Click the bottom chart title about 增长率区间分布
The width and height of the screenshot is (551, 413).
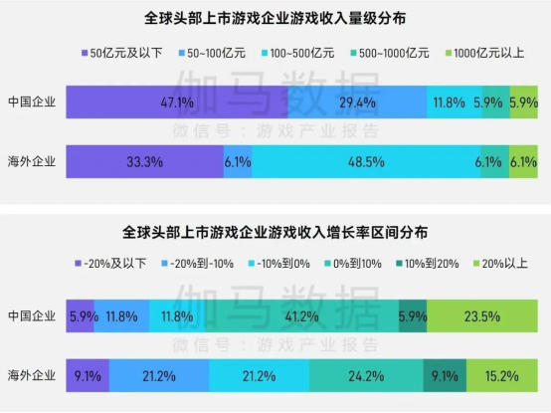click(x=275, y=232)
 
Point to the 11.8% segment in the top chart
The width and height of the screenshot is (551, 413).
click(x=449, y=102)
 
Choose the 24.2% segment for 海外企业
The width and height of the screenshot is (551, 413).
click(x=366, y=376)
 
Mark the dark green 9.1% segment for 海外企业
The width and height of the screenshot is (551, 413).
click(x=442, y=376)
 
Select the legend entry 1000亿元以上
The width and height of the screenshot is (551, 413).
click(x=484, y=51)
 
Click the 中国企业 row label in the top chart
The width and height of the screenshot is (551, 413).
click(x=32, y=102)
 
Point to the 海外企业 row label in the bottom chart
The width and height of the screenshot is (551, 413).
click(x=32, y=376)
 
